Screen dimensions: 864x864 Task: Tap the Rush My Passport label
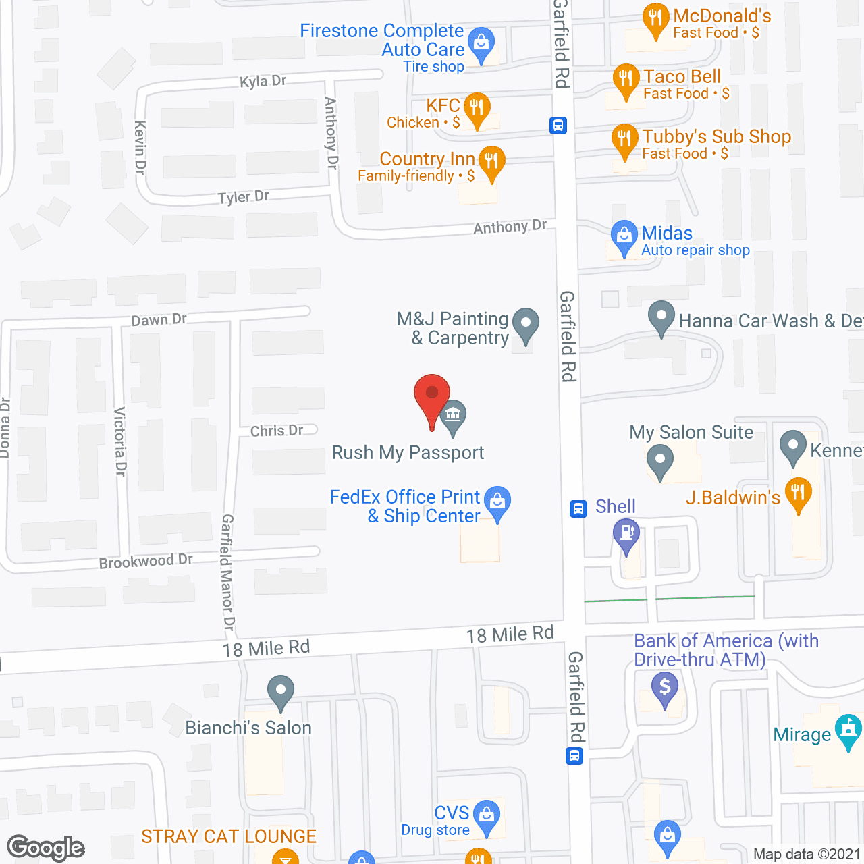click(408, 452)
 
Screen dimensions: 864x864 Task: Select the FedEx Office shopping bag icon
click(497, 502)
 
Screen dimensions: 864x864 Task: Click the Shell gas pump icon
click(626, 534)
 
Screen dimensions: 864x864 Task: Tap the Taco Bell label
click(682, 76)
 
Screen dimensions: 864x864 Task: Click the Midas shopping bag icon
click(624, 236)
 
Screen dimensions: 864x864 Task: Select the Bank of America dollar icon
click(665, 688)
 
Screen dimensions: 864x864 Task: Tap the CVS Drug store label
click(436, 820)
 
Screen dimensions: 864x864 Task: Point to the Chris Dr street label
click(277, 431)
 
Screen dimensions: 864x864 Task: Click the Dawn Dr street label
click(159, 319)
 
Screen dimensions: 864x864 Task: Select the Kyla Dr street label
click(263, 81)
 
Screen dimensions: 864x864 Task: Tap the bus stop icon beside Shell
click(578, 508)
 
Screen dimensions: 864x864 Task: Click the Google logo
click(46, 848)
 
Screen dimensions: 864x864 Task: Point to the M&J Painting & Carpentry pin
click(526, 324)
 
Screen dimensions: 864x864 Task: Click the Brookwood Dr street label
click(146, 561)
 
